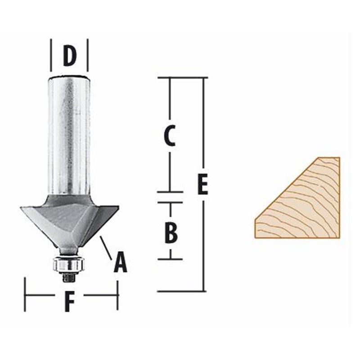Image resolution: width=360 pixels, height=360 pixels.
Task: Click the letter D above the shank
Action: point(69,56)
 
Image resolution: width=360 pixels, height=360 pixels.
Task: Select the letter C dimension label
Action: point(169,136)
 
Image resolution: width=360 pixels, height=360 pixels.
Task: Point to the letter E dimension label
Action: point(203,185)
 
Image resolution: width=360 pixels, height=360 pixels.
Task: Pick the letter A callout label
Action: point(120,263)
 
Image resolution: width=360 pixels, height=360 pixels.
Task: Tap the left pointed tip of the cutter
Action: point(22,208)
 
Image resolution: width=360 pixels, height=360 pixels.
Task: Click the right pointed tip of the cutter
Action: point(118,207)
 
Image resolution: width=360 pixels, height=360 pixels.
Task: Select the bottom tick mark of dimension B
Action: point(170,259)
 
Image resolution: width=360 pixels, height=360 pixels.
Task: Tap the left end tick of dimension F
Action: point(25,295)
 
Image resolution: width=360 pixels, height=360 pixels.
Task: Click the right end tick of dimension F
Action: point(118,295)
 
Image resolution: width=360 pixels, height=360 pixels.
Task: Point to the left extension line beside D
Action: point(51,55)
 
